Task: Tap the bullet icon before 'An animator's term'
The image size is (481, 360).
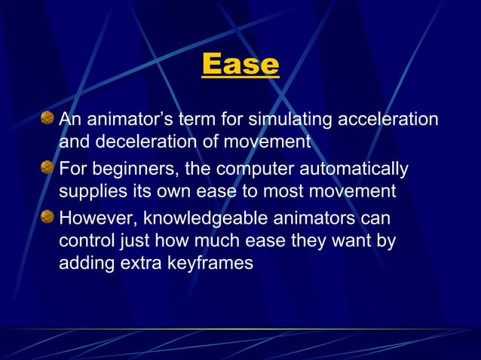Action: click(47, 118)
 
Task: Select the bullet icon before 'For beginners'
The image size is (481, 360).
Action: click(47, 168)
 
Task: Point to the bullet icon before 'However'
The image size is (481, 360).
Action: click(47, 218)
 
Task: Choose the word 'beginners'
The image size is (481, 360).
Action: click(130, 169)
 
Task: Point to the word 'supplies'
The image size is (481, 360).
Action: click(90, 191)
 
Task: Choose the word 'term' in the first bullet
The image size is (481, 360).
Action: click(193, 119)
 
